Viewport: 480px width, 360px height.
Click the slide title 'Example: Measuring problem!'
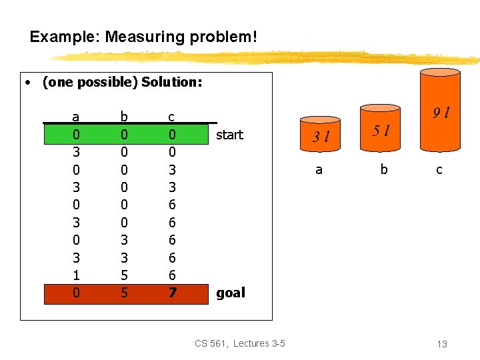point(143,36)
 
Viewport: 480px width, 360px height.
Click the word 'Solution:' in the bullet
point(171,83)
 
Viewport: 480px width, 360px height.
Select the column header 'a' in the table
point(76,117)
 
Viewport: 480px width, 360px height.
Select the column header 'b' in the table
point(123,117)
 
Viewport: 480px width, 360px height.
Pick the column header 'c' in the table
point(171,117)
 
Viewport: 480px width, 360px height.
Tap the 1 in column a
point(76,275)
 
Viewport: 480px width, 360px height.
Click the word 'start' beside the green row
point(229,135)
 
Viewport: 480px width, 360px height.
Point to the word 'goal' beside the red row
point(231,293)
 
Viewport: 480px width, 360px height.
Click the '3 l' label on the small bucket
point(323,137)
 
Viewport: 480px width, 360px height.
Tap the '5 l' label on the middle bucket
point(381,129)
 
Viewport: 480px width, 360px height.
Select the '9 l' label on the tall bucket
point(441,113)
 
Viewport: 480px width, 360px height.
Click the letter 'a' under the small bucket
point(319,169)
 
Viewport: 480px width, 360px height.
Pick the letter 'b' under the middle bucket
point(383,169)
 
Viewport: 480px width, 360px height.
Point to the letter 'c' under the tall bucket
point(439,169)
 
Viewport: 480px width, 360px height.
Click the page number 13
point(441,344)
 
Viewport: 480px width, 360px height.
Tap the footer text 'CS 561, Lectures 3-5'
point(240,343)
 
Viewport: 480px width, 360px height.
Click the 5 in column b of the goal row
point(123,293)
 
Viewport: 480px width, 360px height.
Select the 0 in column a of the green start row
point(76,135)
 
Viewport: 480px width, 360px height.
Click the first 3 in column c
point(171,169)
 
